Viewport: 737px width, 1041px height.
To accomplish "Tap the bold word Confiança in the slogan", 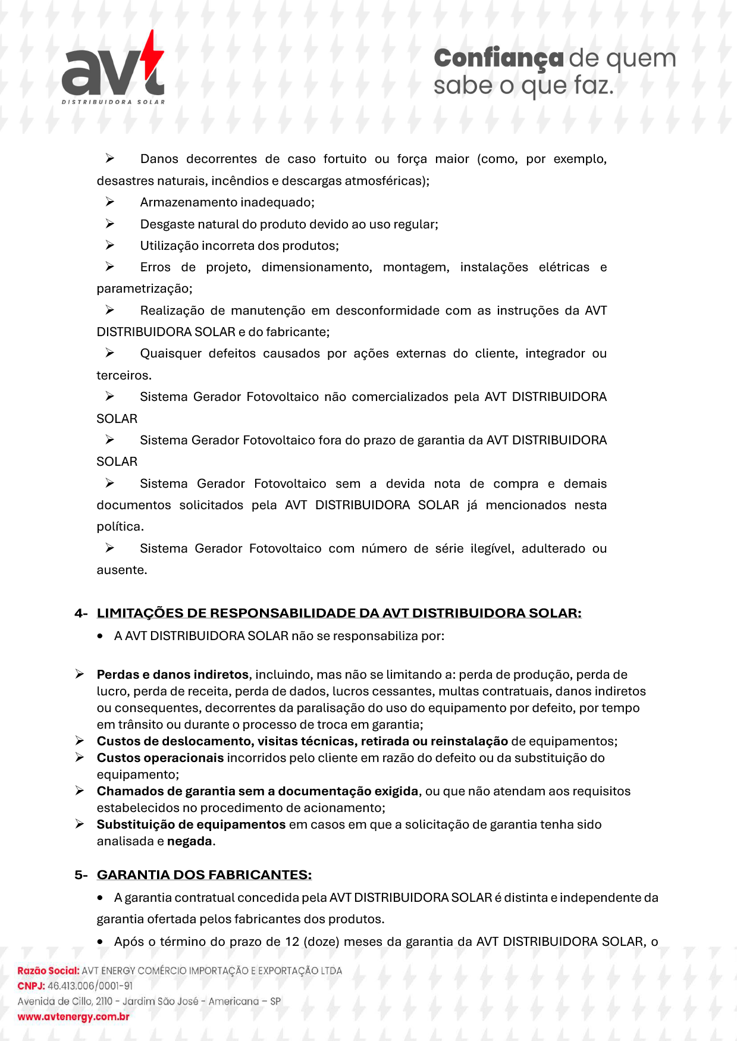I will pos(498,58).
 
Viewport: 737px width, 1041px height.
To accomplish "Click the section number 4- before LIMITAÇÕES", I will pos(81,613).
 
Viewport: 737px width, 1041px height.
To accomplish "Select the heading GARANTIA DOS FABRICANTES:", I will pos(204,875).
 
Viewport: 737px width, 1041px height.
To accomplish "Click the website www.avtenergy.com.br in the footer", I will pos(73,1017).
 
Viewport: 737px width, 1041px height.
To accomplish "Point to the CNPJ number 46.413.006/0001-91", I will pos(90,986).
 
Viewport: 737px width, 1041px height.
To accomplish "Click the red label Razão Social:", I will pos(48,971).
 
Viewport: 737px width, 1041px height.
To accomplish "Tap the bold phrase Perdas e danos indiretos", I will pos(173,675).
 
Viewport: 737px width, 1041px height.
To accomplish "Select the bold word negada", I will pos(189,841).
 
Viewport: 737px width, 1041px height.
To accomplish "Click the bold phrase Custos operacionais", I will pos(160,758).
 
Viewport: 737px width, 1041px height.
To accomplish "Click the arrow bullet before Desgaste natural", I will pos(110,224).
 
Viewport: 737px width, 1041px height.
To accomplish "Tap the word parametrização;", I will pos(145,289).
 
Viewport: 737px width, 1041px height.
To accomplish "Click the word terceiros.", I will pos(124,375).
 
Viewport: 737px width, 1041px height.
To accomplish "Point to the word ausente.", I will pos(121,570).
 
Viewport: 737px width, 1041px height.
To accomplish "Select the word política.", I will pos(120,526).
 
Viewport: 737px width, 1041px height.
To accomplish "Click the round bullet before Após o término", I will pos(101,942).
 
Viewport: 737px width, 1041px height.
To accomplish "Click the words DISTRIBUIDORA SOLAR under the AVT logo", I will pos(113,102).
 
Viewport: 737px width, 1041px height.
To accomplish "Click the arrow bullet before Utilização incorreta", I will pos(110,245).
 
